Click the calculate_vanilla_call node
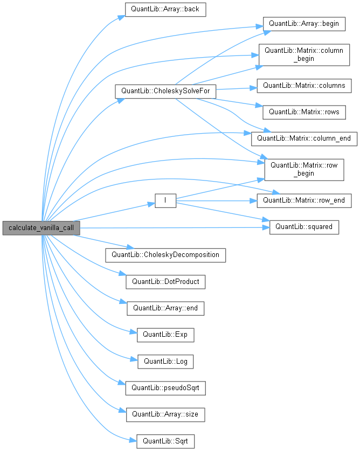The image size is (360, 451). (41, 228)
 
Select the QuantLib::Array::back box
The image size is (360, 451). (165, 10)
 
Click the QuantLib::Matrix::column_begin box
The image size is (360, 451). (302, 55)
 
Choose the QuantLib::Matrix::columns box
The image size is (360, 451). (304, 86)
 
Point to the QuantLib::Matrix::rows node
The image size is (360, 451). (304, 112)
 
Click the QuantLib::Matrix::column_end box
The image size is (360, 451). (304, 138)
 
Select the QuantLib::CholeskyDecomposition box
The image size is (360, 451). (165, 255)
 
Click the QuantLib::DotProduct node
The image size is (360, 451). (165, 281)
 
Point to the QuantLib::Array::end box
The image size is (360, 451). (165, 308)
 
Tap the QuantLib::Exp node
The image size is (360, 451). (165, 334)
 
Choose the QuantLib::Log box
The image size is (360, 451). (165, 361)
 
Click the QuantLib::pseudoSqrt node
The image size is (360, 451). (165, 387)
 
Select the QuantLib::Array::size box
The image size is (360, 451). (165, 414)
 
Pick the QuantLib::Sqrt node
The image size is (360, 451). (165, 441)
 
